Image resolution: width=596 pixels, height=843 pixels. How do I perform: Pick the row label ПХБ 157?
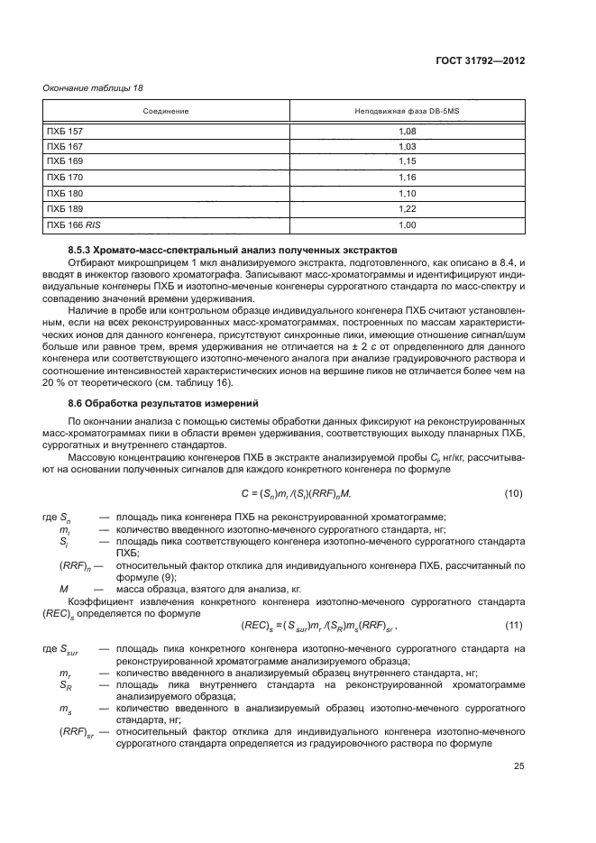(64, 132)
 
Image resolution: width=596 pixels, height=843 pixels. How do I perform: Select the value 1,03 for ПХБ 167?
(407, 146)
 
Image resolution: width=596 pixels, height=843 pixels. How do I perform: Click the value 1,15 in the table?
(407, 161)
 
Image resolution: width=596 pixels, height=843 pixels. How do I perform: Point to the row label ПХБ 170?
(64, 178)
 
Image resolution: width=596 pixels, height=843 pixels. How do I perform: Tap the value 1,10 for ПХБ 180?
(407, 193)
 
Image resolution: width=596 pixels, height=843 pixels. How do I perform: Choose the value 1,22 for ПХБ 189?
(407, 208)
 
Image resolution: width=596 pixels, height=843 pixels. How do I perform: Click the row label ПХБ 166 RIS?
(71, 224)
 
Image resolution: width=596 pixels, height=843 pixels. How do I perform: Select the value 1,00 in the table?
(407, 224)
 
